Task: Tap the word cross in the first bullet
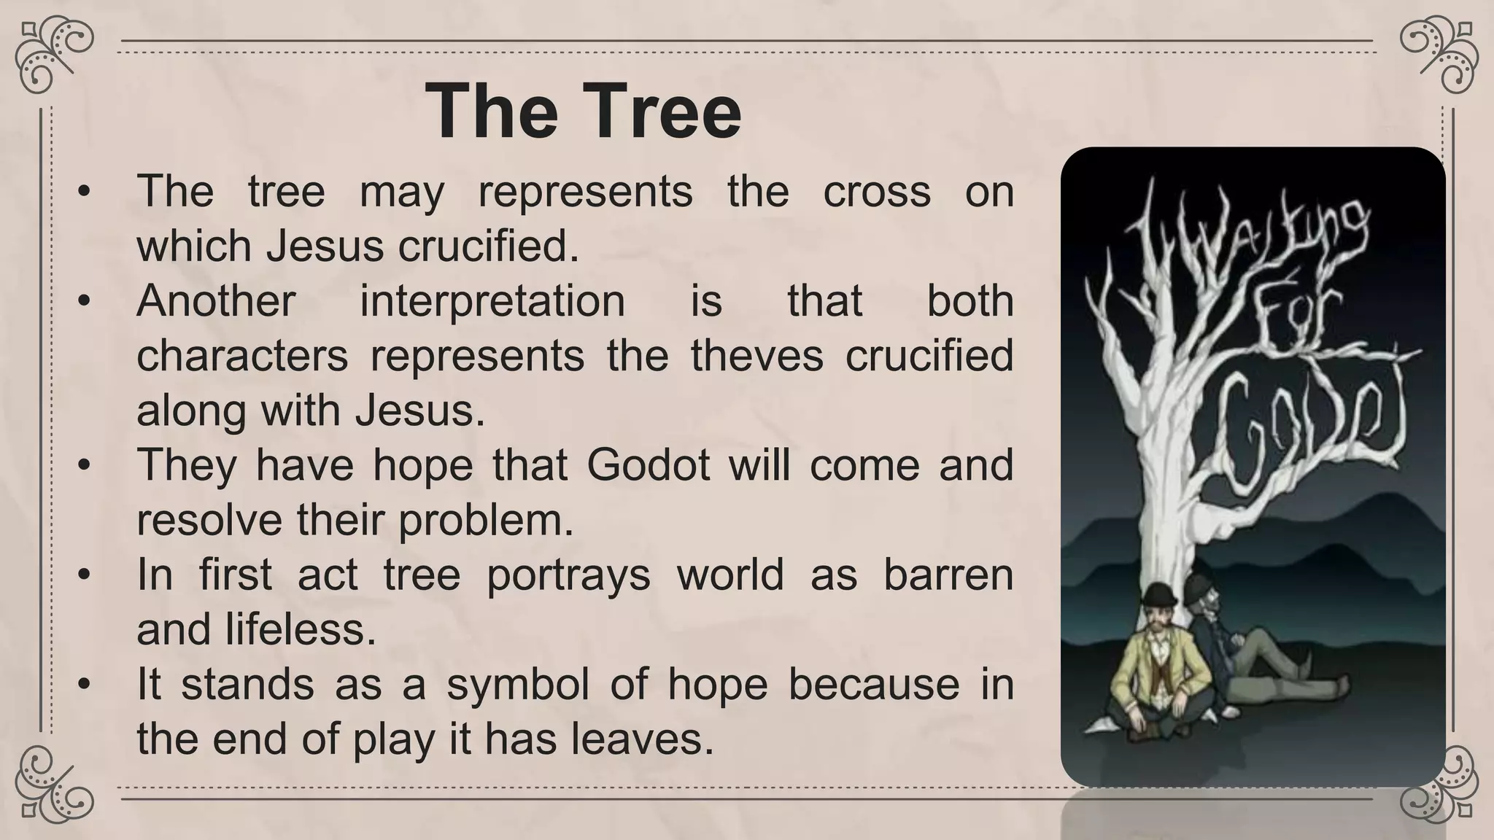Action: click(x=877, y=192)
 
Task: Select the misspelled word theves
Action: click(x=757, y=356)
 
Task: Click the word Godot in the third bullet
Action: click(x=648, y=465)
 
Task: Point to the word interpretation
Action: click(x=492, y=301)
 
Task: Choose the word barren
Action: click(x=948, y=575)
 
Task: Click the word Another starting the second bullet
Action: click(x=216, y=301)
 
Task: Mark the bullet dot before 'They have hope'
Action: click(x=85, y=465)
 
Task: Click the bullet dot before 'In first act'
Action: click(x=85, y=575)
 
